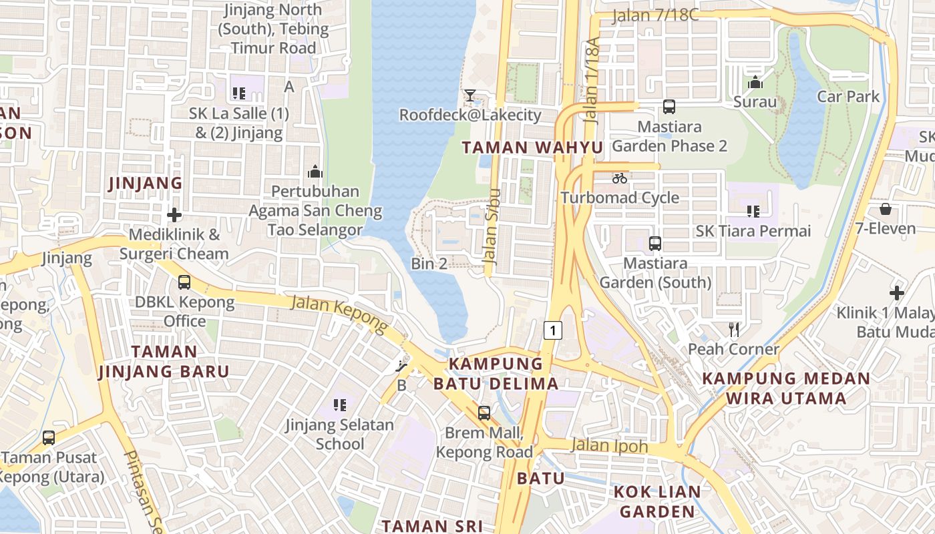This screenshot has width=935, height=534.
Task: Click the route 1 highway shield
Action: click(552, 330)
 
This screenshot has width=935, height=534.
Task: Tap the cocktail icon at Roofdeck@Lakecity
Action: click(470, 95)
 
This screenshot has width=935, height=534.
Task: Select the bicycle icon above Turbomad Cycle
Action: click(620, 178)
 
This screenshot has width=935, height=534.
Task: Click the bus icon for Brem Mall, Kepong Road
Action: click(484, 413)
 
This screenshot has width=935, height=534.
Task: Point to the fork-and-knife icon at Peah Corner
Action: click(734, 329)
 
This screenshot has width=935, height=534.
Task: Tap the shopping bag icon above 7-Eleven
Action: click(886, 210)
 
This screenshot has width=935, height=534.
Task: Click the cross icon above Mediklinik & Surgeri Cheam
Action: click(174, 215)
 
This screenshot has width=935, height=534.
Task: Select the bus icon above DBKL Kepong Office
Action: click(184, 282)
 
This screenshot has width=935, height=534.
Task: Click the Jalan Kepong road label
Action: click(339, 314)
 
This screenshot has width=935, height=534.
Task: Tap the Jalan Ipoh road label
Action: click(610, 445)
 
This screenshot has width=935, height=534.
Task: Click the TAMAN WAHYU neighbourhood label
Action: click(532, 148)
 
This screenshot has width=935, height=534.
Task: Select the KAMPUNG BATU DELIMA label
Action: click(496, 374)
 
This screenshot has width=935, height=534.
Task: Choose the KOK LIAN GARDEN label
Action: click(657, 502)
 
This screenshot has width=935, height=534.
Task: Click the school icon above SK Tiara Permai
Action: click(753, 212)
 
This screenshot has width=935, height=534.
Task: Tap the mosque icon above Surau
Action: click(755, 83)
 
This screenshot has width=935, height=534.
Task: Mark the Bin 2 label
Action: click(429, 264)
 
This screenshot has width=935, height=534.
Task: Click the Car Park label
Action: click(848, 97)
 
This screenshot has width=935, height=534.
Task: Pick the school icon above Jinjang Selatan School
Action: click(340, 405)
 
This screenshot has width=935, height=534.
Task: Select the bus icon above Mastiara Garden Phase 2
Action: click(669, 107)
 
